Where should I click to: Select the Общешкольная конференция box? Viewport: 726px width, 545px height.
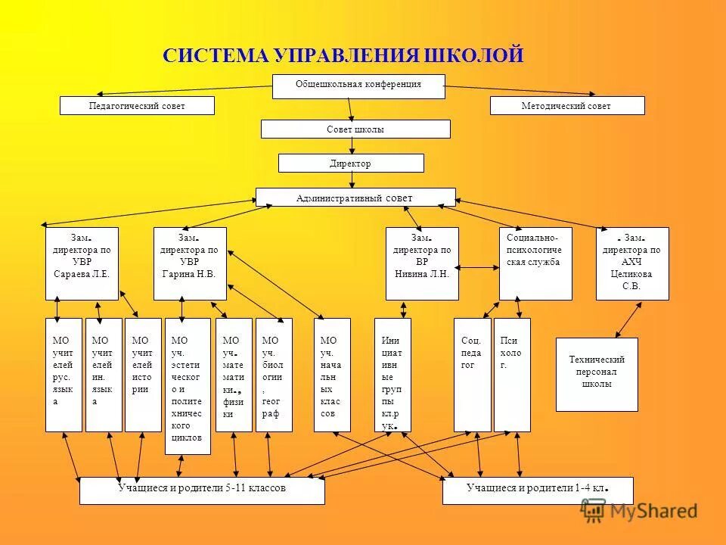pyautogui.click(x=358, y=86)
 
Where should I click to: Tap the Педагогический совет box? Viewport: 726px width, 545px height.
pyautogui.click(x=137, y=106)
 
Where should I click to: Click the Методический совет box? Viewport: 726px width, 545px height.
pyautogui.click(x=566, y=106)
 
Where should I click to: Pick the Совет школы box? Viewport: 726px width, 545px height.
pyautogui.click(x=355, y=129)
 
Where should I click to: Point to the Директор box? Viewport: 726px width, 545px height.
pyautogui.click(x=351, y=163)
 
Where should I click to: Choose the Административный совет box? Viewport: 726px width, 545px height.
pyautogui.click(x=355, y=198)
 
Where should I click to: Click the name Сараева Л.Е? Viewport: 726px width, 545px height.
pyautogui.click(x=82, y=274)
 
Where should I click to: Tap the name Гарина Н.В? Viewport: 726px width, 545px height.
pyautogui.click(x=189, y=274)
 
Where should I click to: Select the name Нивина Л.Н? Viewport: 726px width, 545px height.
pyautogui.click(x=422, y=274)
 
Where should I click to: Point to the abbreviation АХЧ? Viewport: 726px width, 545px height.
pyautogui.click(x=631, y=262)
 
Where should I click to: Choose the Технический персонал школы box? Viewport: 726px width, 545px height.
pyautogui.click(x=597, y=374)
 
